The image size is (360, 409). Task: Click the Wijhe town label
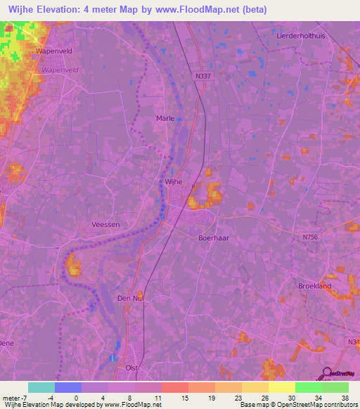pos(173,181)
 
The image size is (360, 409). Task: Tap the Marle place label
pos(165,119)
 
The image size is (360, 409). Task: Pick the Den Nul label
pos(130,299)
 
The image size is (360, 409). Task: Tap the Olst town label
pos(131,368)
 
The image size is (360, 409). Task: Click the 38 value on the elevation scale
pos(344,397)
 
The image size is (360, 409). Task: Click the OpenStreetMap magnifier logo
pos(326,373)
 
